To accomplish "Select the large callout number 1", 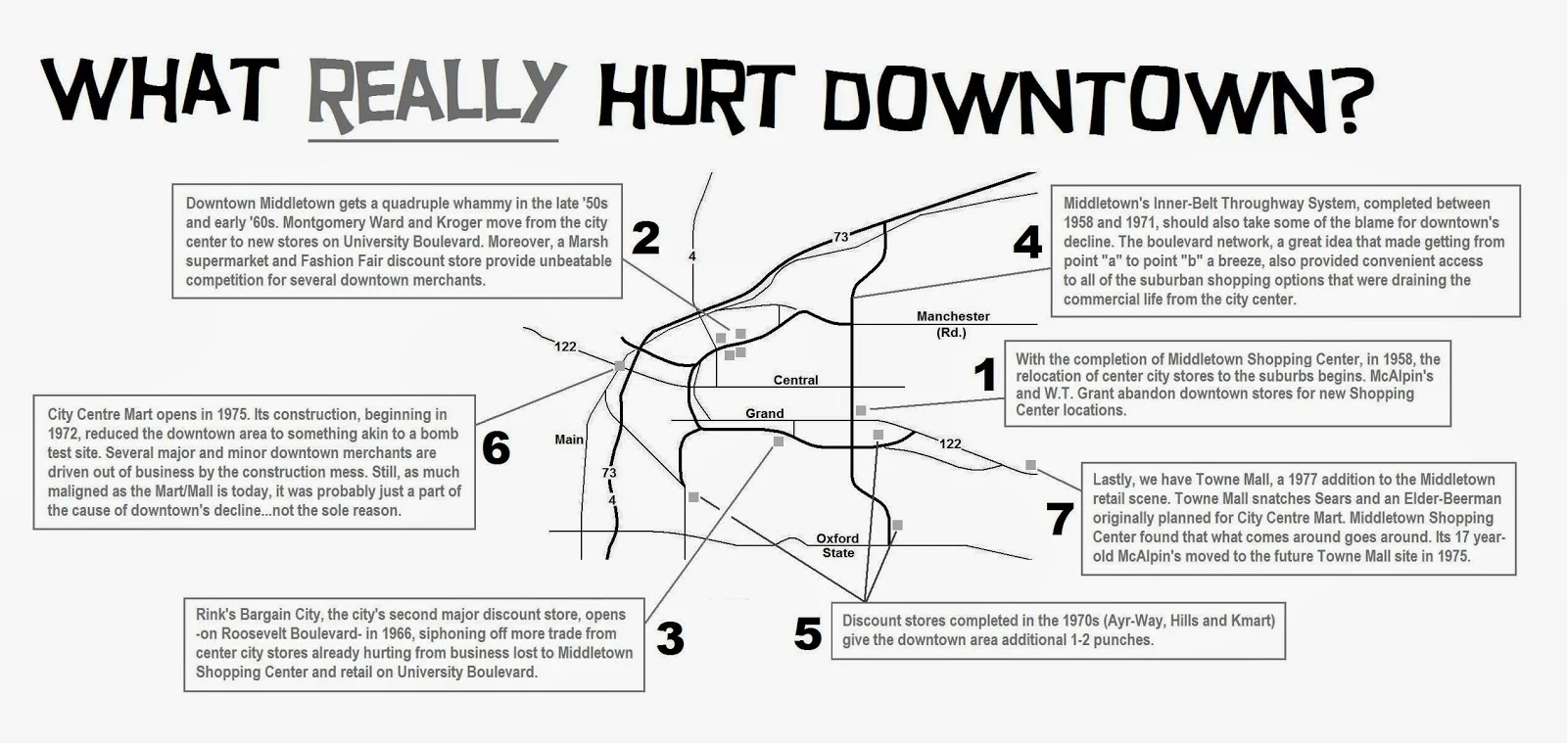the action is tap(984, 375).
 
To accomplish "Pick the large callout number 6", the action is tap(496, 449).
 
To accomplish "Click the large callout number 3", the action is tap(670, 639).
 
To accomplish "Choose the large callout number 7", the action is tap(1061, 520).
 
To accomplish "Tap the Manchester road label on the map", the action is tap(953, 316).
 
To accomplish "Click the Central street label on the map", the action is tap(795, 380).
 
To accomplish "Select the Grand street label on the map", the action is tap(764, 413).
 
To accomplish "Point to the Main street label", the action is tap(569, 440).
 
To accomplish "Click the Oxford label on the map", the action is tap(837, 538).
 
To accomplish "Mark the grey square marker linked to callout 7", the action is tap(1030, 465).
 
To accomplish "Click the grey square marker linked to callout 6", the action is tap(619, 365).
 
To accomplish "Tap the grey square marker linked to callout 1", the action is tap(861, 410).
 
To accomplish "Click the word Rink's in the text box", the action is tap(215, 615).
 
